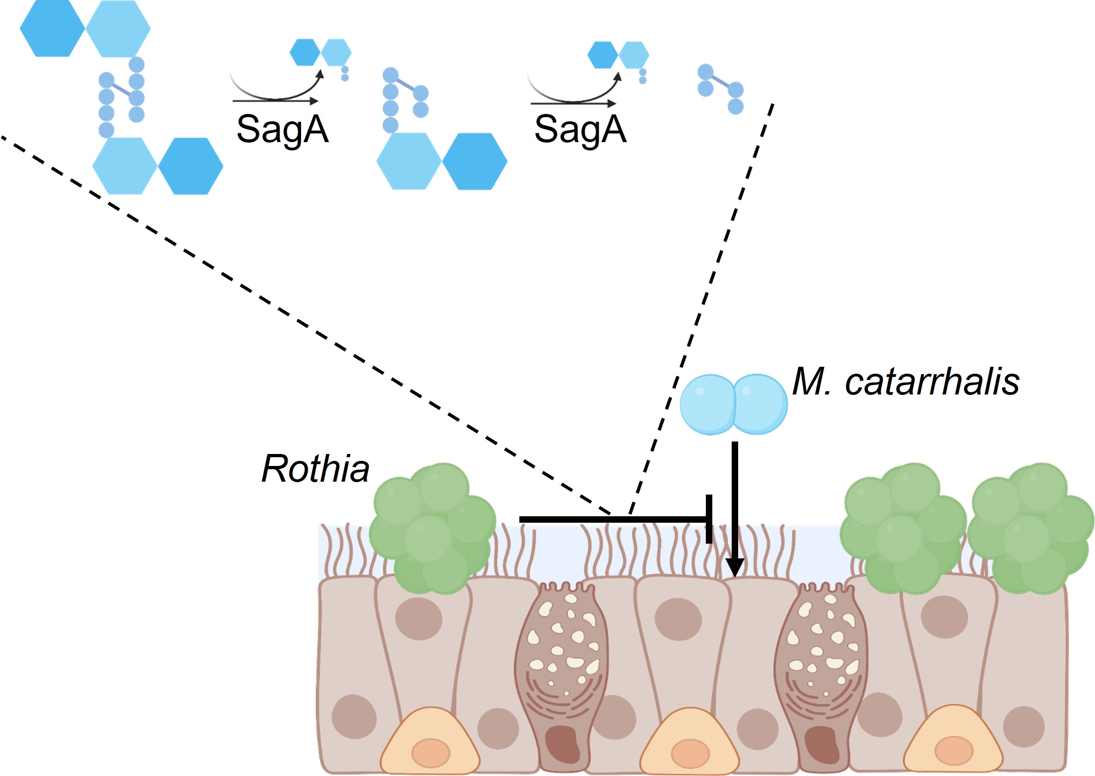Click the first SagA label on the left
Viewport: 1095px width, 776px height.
282,129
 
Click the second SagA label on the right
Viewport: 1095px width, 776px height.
579,129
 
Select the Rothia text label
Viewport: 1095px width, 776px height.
315,469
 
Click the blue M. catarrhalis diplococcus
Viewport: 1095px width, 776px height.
734,404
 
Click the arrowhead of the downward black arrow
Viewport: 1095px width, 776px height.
734,567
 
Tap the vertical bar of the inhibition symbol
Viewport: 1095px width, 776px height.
709,519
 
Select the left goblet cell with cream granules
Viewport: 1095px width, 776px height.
562,669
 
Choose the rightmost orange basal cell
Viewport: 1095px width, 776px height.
953,743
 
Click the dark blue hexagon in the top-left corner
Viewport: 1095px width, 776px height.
52,29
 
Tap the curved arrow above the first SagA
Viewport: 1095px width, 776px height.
277,89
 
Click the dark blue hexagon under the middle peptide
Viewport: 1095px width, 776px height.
475,161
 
